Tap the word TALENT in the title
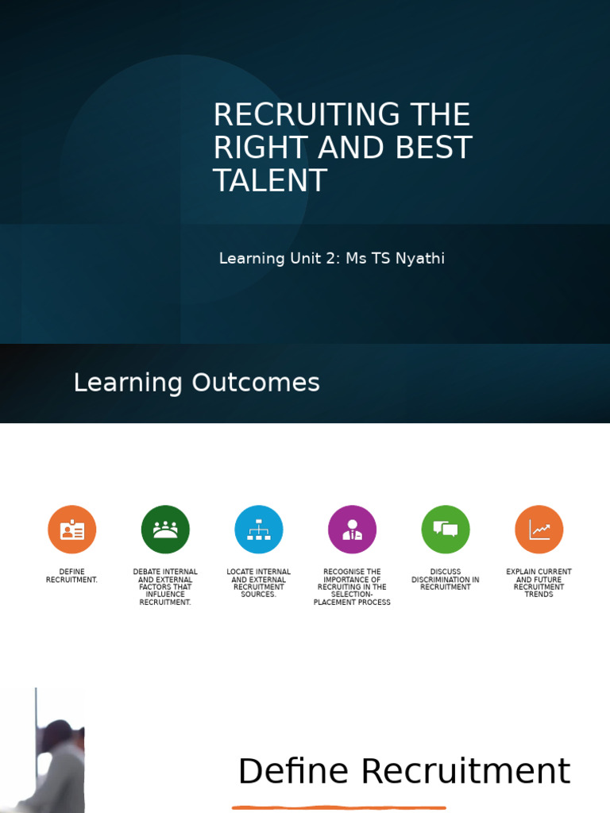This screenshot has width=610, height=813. coord(270,181)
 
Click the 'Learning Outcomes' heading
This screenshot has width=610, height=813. coord(196,383)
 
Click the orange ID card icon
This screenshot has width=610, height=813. coord(72,530)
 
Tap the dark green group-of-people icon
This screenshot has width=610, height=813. coord(165,530)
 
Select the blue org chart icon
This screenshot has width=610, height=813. coord(259,530)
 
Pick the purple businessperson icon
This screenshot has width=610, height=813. coord(352,530)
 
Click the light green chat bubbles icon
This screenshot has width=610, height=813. coord(446,530)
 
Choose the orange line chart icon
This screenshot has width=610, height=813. coord(539,530)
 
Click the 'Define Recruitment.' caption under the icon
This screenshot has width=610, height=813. coord(72,576)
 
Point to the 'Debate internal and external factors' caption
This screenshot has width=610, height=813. coord(165,587)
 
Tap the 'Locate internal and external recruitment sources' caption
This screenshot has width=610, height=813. coord(259,583)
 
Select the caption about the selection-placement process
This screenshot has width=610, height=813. coord(352,587)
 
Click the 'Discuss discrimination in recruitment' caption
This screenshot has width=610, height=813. coord(446,580)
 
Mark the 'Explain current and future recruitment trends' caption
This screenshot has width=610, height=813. coord(539,583)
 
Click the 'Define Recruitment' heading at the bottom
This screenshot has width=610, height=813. coord(403,772)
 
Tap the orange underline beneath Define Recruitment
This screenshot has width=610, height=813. coord(339,807)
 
